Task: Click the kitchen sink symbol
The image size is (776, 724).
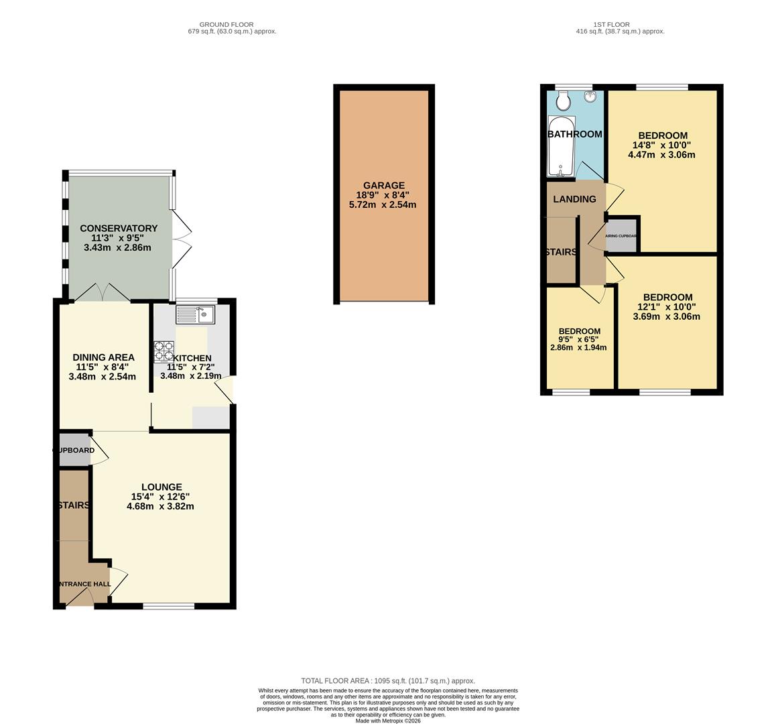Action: [194, 314]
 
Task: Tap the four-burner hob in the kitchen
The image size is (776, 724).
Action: [164, 351]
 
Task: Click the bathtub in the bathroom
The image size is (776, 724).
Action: [558, 145]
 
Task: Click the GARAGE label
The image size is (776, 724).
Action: [384, 186]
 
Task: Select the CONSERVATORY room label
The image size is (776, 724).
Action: [119, 229]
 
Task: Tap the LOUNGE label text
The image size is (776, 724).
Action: [161, 487]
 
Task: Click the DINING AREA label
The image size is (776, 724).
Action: [103, 357]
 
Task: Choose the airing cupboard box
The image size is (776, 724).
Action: [621, 235]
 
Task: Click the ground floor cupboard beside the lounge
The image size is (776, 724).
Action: [74, 450]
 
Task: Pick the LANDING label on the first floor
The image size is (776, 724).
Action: [574, 199]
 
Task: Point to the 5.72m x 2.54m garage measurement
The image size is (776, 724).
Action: [383, 204]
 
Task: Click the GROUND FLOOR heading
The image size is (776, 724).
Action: [231, 24]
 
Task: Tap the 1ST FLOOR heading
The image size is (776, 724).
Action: [620, 24]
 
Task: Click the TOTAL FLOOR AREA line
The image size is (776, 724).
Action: [387, 680]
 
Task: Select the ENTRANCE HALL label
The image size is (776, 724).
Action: [85, 584]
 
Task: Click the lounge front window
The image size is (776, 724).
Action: [169, 606]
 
